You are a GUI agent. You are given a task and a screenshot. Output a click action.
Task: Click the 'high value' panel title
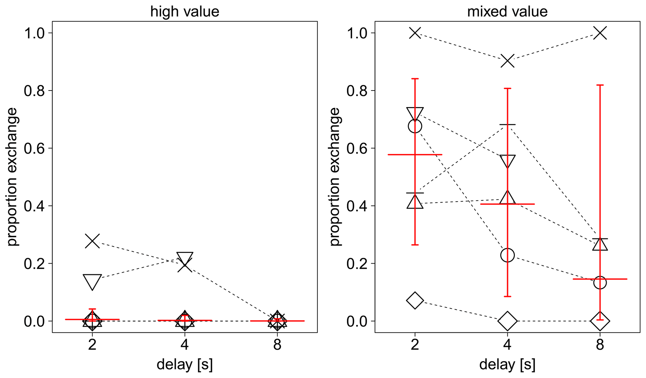[x=185, y=12]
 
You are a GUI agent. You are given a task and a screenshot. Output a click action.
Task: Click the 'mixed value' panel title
[x=507, y=12]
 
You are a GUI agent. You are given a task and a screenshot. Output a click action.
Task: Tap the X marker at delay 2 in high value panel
[x=92, y=241]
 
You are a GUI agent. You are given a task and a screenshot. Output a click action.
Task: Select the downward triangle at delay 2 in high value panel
[x=92, y=281]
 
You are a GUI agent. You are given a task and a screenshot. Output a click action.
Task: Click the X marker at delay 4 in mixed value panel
[x=508, y=61]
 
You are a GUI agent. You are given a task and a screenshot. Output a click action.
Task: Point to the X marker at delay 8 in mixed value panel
[x=600, y=33]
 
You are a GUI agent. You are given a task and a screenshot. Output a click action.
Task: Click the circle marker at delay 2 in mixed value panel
[x=415, y=126]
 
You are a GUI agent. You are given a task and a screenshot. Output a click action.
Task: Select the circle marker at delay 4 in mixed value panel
[x=508, y=255]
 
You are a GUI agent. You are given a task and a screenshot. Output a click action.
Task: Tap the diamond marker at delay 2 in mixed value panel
[x=415, y=301]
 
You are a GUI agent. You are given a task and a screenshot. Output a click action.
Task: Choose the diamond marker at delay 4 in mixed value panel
[x=508, y=321]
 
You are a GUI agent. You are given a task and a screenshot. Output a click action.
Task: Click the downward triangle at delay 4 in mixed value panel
[x=508, y=161]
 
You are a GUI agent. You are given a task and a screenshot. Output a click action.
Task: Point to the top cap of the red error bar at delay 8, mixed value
[x=600, y=85]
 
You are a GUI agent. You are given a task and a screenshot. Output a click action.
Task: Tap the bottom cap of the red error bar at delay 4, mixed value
[x=508, y=296]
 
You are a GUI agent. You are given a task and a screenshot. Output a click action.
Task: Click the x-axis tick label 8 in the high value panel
[x=277, y=345]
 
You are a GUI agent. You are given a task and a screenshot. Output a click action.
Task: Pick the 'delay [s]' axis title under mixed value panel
[x=507, y=365]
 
